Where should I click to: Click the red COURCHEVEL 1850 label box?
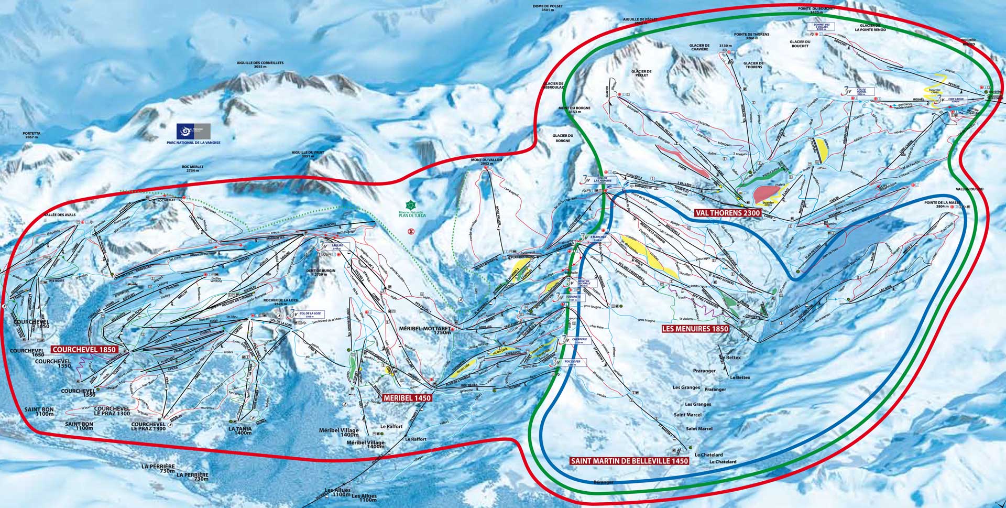pos(84,349)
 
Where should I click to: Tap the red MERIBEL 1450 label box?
pos(408,398)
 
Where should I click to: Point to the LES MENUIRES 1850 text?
pos(695,329)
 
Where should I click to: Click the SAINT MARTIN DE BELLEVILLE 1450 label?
pos(629,461)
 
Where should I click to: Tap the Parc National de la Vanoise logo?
pos(193,131)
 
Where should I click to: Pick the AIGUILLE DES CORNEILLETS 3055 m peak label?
pos(261,65)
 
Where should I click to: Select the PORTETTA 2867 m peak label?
pos(31,135)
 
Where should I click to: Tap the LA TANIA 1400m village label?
pos(240,431)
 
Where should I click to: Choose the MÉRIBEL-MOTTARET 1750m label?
pos(425,330)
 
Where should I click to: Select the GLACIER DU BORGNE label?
pos(563,138)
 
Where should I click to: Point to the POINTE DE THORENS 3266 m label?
pos(751,36)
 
